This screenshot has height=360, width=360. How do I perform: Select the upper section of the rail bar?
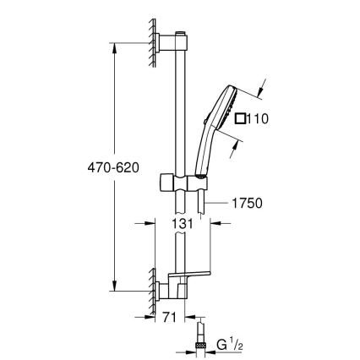click(180, 101)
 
